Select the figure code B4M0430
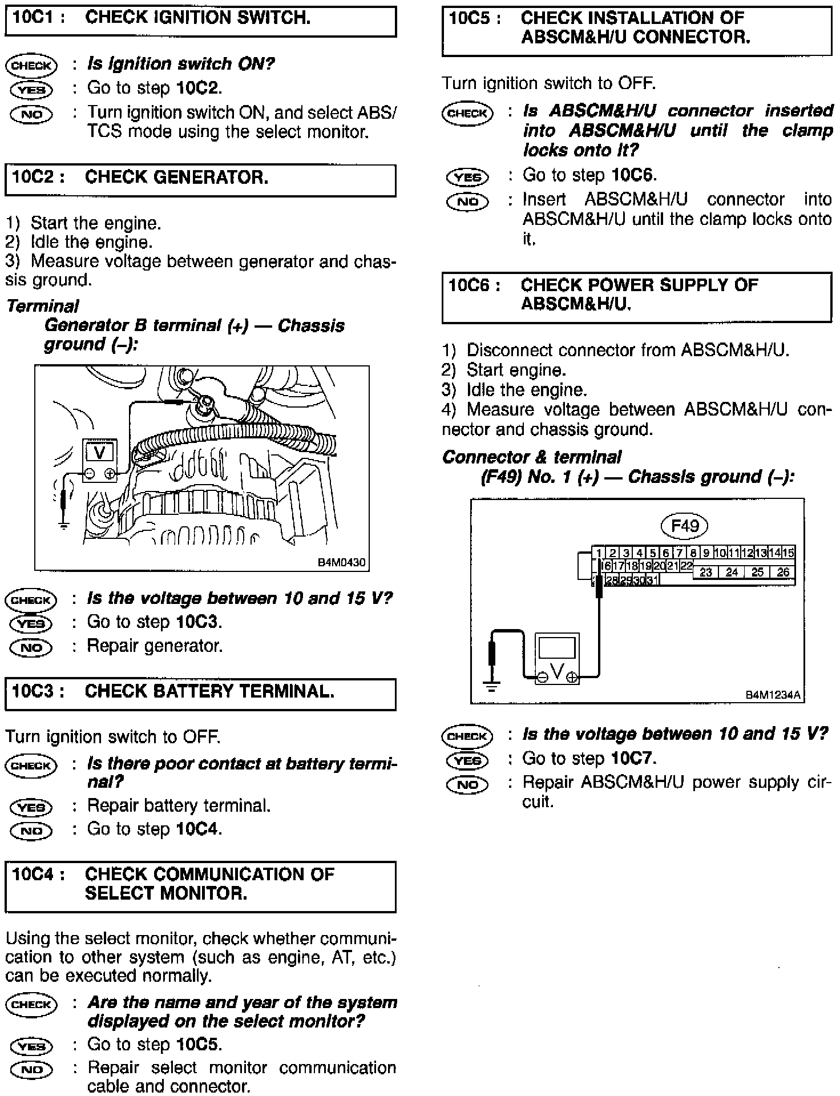pos(341,562)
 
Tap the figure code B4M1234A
pos(773,695)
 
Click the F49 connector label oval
pos(684,525)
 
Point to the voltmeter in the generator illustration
pos(100,460)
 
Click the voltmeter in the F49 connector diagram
pos(557,658)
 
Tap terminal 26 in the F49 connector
pos(783,572)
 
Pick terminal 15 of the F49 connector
pos(789,553)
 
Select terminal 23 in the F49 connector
pos(706,572)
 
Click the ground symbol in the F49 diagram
pos(491,684)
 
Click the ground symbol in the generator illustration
pos(64,523)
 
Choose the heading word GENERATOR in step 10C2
pos(176,178)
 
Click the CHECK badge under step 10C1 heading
pos(31,65)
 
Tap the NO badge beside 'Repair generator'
pos(31,647)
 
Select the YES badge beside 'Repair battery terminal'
pos(31,807)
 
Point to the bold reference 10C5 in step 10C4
pos(197,1044)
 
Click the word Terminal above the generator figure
pos(43,306)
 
